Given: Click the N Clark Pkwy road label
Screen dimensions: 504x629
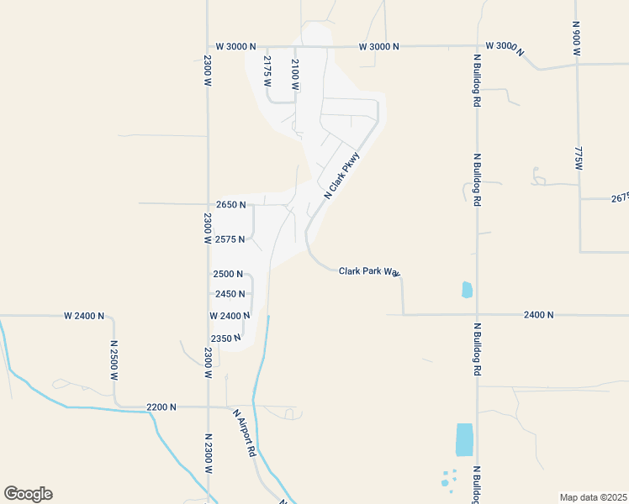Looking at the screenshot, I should point(341,175).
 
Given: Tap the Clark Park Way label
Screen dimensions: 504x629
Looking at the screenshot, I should point(368,271).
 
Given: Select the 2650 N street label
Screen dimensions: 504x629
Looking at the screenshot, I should point(230,204).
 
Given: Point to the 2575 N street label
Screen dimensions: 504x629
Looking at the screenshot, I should point(230,239).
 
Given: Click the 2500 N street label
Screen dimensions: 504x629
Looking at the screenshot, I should point(228,274).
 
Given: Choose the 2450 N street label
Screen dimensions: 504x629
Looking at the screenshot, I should point(230,294).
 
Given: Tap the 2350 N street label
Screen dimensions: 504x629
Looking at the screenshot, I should point(226,338).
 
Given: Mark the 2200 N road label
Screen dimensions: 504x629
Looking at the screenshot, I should point(161,407).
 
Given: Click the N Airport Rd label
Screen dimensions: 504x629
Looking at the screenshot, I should point(245,433).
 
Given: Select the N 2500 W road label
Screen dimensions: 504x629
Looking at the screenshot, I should point(114,361).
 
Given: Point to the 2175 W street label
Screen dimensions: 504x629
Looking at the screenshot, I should point(267,67).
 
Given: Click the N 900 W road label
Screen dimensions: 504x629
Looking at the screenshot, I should point(576,38).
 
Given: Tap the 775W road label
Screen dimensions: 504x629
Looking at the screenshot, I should point(578,160).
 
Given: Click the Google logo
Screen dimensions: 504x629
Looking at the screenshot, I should point(28,494).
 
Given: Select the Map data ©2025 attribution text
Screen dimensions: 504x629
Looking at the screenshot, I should point(592,496).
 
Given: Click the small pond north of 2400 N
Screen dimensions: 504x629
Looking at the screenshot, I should point(467,290).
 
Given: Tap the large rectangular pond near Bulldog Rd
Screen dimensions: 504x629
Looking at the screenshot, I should point(464,440).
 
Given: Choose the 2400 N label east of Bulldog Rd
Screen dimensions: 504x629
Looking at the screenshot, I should point(538,315).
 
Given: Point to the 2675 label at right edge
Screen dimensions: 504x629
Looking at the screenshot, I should point(620,198).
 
